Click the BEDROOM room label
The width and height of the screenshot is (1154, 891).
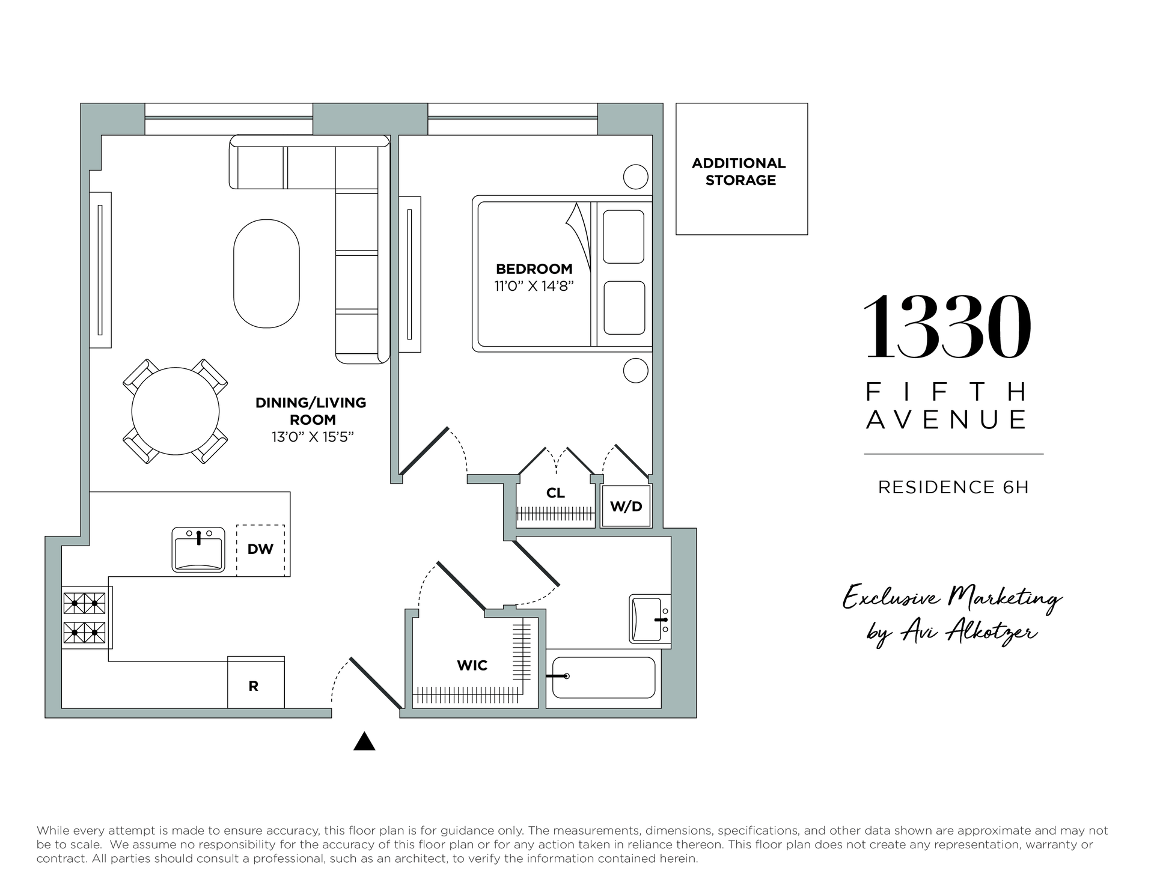[534, 269]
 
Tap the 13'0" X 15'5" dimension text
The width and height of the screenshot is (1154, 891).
[312, 437]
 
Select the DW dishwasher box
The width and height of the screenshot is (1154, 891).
[260, 550]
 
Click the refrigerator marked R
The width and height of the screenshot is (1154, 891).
[256, 683]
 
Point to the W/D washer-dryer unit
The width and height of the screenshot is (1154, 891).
[626, 506]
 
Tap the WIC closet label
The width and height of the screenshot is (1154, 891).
[472, 665]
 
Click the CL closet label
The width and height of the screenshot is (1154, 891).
[555, 493]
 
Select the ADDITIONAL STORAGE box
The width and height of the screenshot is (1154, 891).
[742, 169]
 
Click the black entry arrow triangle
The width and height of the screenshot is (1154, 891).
[364, 741]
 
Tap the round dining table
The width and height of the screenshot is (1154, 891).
[176, 412]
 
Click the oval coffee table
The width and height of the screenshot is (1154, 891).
[266, 273]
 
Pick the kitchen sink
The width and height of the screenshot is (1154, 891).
[198, 550]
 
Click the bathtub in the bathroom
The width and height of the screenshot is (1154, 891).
[603, 677]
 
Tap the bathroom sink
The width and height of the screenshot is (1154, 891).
[650, 619]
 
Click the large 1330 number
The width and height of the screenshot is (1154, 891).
[948, 327]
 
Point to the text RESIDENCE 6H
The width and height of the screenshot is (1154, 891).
[953, 487]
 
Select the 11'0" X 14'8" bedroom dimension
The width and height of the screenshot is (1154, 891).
[534, 286]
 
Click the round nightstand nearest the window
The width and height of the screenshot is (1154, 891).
[635, 177]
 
